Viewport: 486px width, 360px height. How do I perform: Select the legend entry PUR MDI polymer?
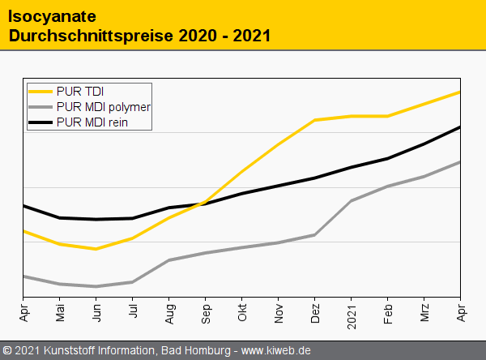[104, 106]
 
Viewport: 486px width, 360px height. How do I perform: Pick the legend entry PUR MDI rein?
[92, 122]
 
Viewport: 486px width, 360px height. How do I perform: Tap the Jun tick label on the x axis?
[96, 312]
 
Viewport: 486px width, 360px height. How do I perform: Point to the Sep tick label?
[206, 312]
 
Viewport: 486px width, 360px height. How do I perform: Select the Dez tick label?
[315, 312]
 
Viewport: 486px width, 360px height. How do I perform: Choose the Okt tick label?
[242, 312]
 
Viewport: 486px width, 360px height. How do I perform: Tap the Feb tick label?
[388, 312]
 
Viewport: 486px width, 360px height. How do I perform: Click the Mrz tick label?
[424, 312]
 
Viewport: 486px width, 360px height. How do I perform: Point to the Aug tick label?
[169, 312]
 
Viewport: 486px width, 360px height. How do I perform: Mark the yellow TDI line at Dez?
[315, 120]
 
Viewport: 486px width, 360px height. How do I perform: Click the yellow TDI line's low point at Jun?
[96, 249]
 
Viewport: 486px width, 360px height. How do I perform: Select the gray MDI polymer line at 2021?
[352, 200]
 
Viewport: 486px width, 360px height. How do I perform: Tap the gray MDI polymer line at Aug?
[169, 260]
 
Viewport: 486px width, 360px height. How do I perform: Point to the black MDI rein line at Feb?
[388, 158]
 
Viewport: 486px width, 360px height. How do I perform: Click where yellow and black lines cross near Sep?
[202, 203]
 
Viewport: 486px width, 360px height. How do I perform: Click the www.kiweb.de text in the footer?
[276, 351]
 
